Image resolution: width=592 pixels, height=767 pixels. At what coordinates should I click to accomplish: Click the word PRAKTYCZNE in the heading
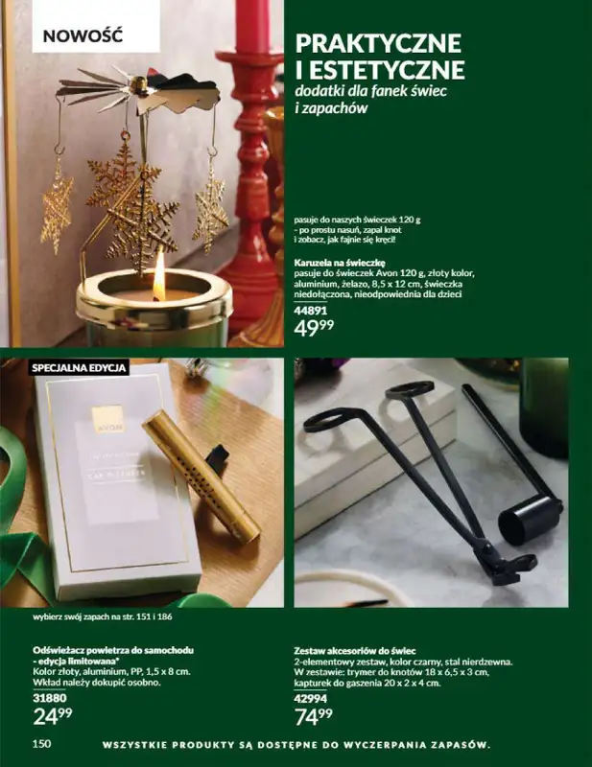coord(379,43)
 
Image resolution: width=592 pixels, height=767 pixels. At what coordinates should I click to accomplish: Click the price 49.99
coord(315,331)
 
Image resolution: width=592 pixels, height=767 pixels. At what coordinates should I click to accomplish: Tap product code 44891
coord(311,311)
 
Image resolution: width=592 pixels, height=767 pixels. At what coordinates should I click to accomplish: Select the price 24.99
coord(52,715)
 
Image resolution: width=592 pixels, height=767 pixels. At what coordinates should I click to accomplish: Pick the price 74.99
coord(314,715)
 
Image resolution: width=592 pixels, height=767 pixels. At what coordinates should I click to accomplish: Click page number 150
coord(41,744)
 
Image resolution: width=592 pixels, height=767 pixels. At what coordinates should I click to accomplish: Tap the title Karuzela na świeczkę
coord(340,261)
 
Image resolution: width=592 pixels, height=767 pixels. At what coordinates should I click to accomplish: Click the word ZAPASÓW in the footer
coord(451,744)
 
